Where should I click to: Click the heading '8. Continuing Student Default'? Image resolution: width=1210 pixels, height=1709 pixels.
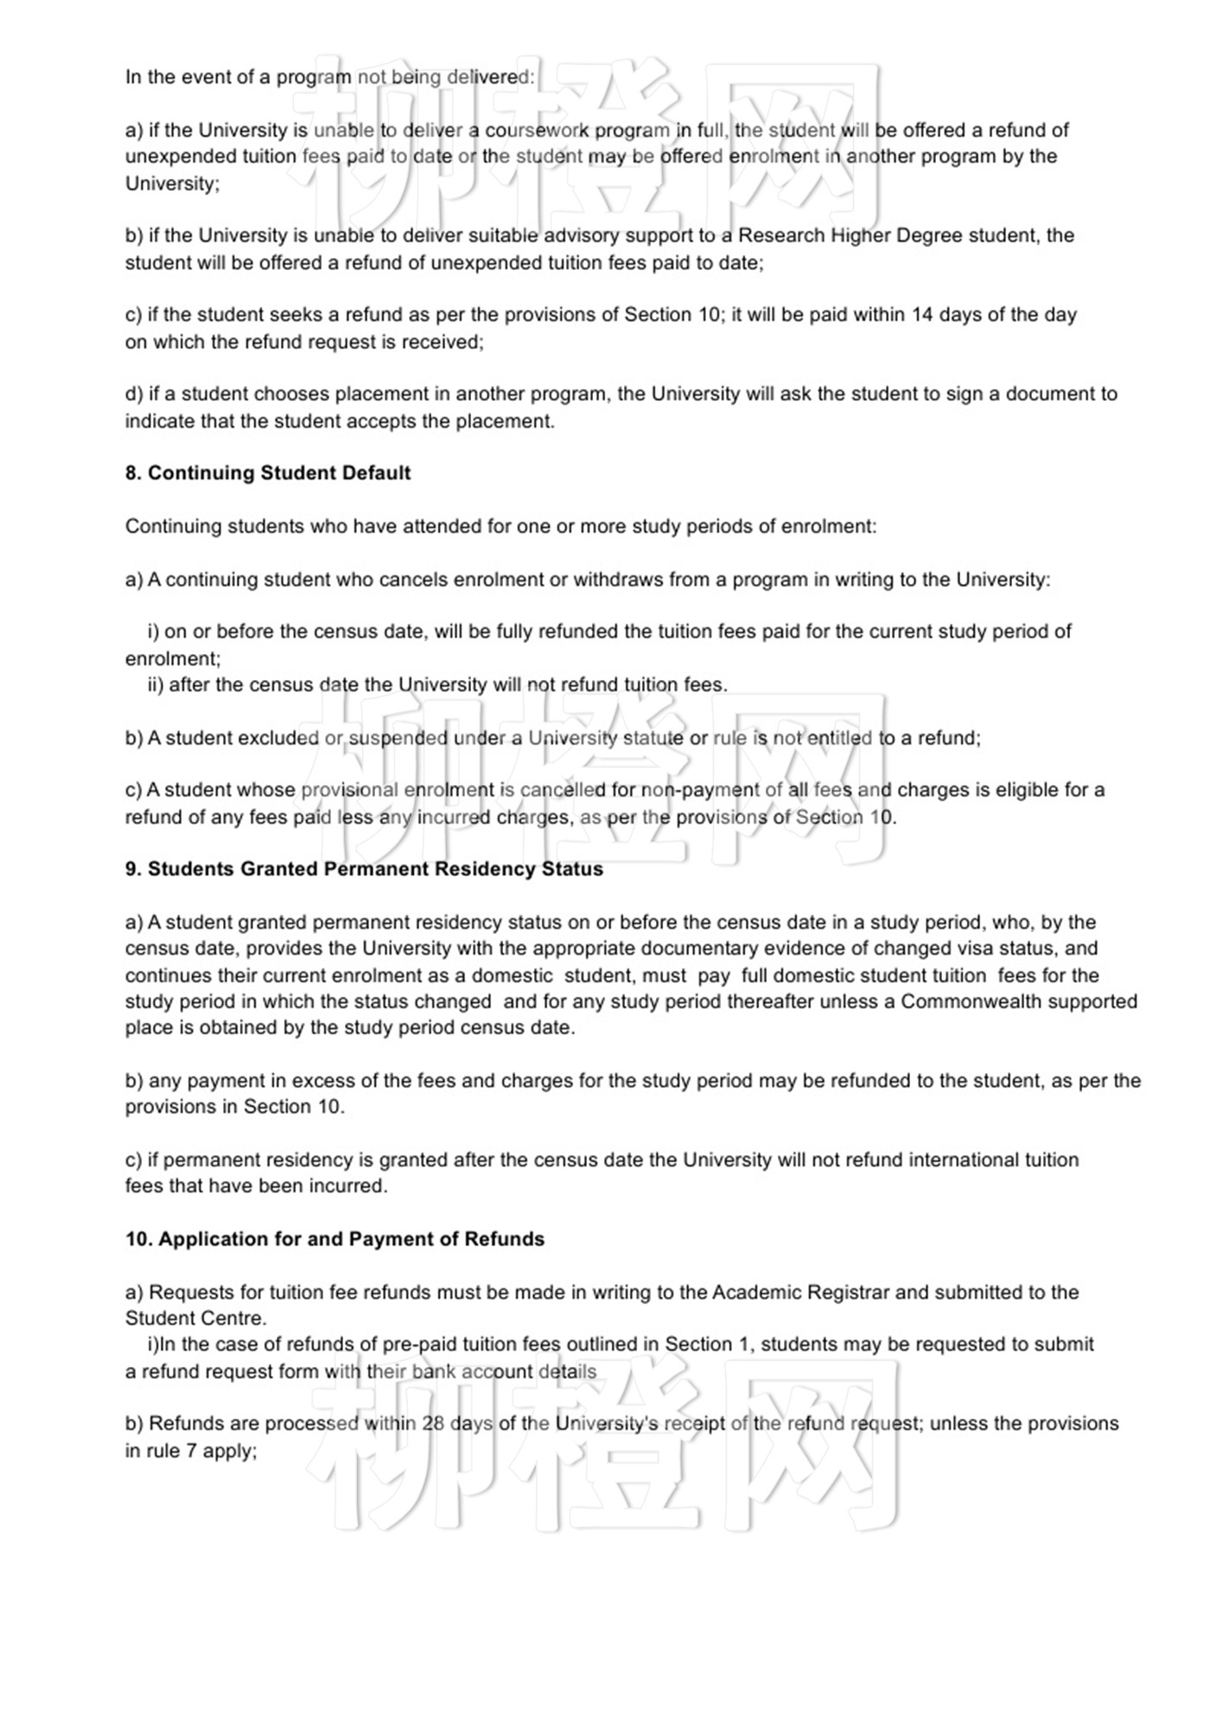pyautogui.click(x=268, y=473)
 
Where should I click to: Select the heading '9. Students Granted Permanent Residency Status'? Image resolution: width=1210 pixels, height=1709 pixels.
pyautogui.click(x=364, y=869)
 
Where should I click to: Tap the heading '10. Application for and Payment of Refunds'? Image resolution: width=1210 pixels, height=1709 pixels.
pyautogui.click(x=334, y=1239)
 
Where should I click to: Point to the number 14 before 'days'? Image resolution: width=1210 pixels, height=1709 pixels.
pyautogui.click(x=922, y=314)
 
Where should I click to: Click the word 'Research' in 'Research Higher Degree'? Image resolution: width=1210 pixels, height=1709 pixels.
pyautogui.click(x=781, y=236)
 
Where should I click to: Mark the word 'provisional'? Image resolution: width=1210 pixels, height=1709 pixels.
pyautogui.click(x=349, y=791)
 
